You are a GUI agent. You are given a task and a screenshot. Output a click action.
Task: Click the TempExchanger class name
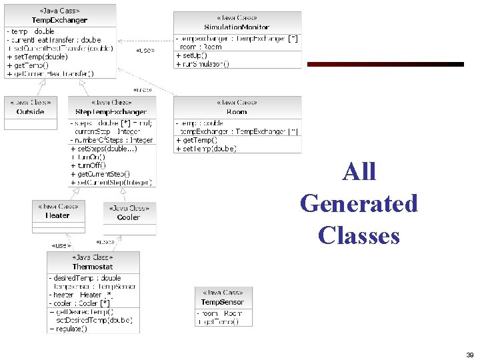point(59,21)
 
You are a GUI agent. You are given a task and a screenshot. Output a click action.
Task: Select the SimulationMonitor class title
point(237,27)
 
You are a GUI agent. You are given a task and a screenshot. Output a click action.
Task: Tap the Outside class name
point(30,111)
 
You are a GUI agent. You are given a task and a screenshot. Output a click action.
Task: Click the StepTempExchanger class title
point(111,111)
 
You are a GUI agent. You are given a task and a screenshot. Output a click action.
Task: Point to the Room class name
point(237,112)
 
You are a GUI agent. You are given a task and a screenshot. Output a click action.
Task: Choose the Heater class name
point(57,215)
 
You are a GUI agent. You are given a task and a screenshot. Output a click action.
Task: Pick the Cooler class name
point(129,217)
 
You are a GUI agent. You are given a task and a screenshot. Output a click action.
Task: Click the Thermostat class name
point(93,267)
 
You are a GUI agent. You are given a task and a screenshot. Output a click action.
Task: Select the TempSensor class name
point(223,302)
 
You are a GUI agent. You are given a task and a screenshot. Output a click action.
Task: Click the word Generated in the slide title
point(359,203)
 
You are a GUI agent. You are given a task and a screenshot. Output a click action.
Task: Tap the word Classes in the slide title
point(359,235)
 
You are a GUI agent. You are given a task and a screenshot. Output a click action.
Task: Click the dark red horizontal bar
point(385,65)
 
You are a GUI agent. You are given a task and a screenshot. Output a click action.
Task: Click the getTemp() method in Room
point(197,141)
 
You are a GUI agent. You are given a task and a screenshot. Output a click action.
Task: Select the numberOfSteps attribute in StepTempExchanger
point(113,140)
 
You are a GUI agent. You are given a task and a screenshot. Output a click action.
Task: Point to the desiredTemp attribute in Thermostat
point(87,278)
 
